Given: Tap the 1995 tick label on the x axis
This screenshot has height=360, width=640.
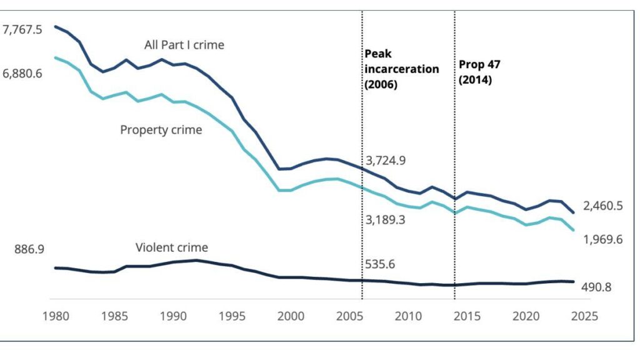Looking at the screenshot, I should [232, 316].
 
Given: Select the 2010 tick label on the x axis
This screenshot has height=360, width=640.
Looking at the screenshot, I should [407, 316].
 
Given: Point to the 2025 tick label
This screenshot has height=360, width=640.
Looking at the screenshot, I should [584, 316].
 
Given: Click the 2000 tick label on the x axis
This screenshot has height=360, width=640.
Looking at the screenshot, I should [291, 316].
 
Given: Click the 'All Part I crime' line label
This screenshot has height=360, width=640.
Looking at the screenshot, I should [184, 45].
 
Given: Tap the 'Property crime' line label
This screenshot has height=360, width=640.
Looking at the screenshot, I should [161, 130].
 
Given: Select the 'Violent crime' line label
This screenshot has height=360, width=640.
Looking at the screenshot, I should [171, 247].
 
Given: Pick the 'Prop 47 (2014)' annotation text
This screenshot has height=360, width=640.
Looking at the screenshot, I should [479, 72].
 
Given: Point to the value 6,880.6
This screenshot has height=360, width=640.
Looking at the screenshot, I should [22, 74].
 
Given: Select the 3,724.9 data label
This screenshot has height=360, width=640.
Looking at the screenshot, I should [386, 161].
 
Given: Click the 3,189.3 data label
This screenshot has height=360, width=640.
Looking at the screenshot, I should [386, 219].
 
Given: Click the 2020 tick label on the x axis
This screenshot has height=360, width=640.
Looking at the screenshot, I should [525, 316].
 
